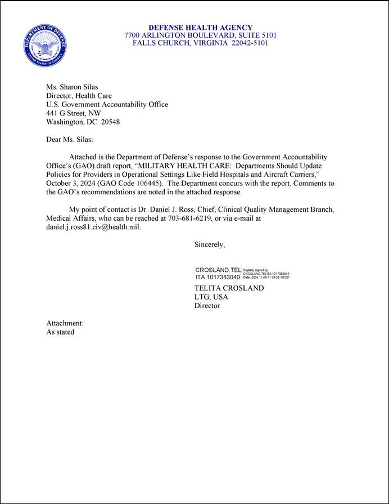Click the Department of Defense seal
[46, 44]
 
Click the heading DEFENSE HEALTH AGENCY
[200, 28]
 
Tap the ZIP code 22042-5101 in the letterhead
[252, 43]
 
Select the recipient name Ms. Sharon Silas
[72, 87]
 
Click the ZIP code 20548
[110, 122]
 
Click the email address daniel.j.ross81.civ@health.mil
[93, 227]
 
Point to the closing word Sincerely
[210, 244]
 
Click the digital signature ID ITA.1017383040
[218, 277]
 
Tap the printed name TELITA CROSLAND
[229, 288]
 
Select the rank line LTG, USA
[211, 297]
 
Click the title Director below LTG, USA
[207, 306]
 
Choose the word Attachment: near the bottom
[65, 323]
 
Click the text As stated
[60, 332]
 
